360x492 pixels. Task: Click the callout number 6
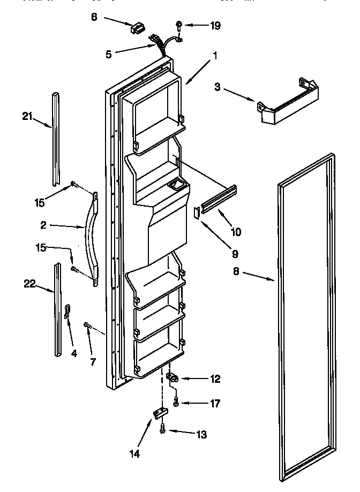pos(94,17)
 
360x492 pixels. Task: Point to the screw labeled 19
pos(179,25)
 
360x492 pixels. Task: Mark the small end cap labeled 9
pos(196,213)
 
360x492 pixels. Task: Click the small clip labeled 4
pos(67,311)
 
